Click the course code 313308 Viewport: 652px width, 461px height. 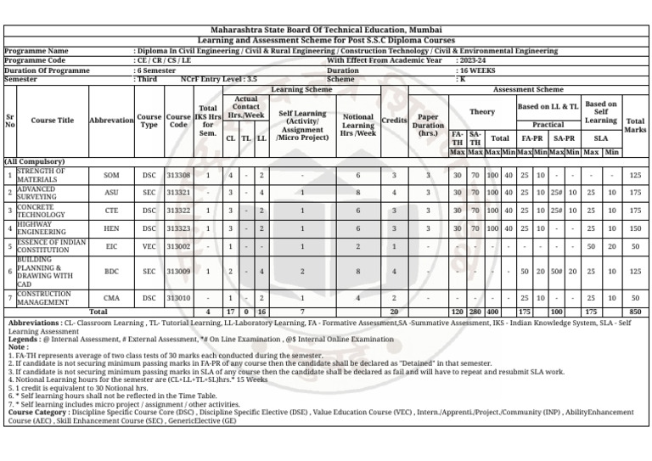[178, 175]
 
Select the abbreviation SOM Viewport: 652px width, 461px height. [111, 175]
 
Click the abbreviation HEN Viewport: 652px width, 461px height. [111, 228]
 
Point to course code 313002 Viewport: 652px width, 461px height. [178, 246]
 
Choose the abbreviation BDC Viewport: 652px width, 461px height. [111, 272]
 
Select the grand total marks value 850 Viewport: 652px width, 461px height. [635, 312]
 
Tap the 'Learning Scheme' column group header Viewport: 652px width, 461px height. [301, 89]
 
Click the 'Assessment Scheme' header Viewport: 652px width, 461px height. [527, 89]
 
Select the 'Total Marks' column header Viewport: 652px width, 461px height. [635, 126]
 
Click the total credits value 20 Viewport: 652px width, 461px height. [394, 312]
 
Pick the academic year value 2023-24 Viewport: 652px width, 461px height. [473, 61]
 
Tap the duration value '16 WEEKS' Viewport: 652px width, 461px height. [476, 70]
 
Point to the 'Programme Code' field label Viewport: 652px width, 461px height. [35, 61]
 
